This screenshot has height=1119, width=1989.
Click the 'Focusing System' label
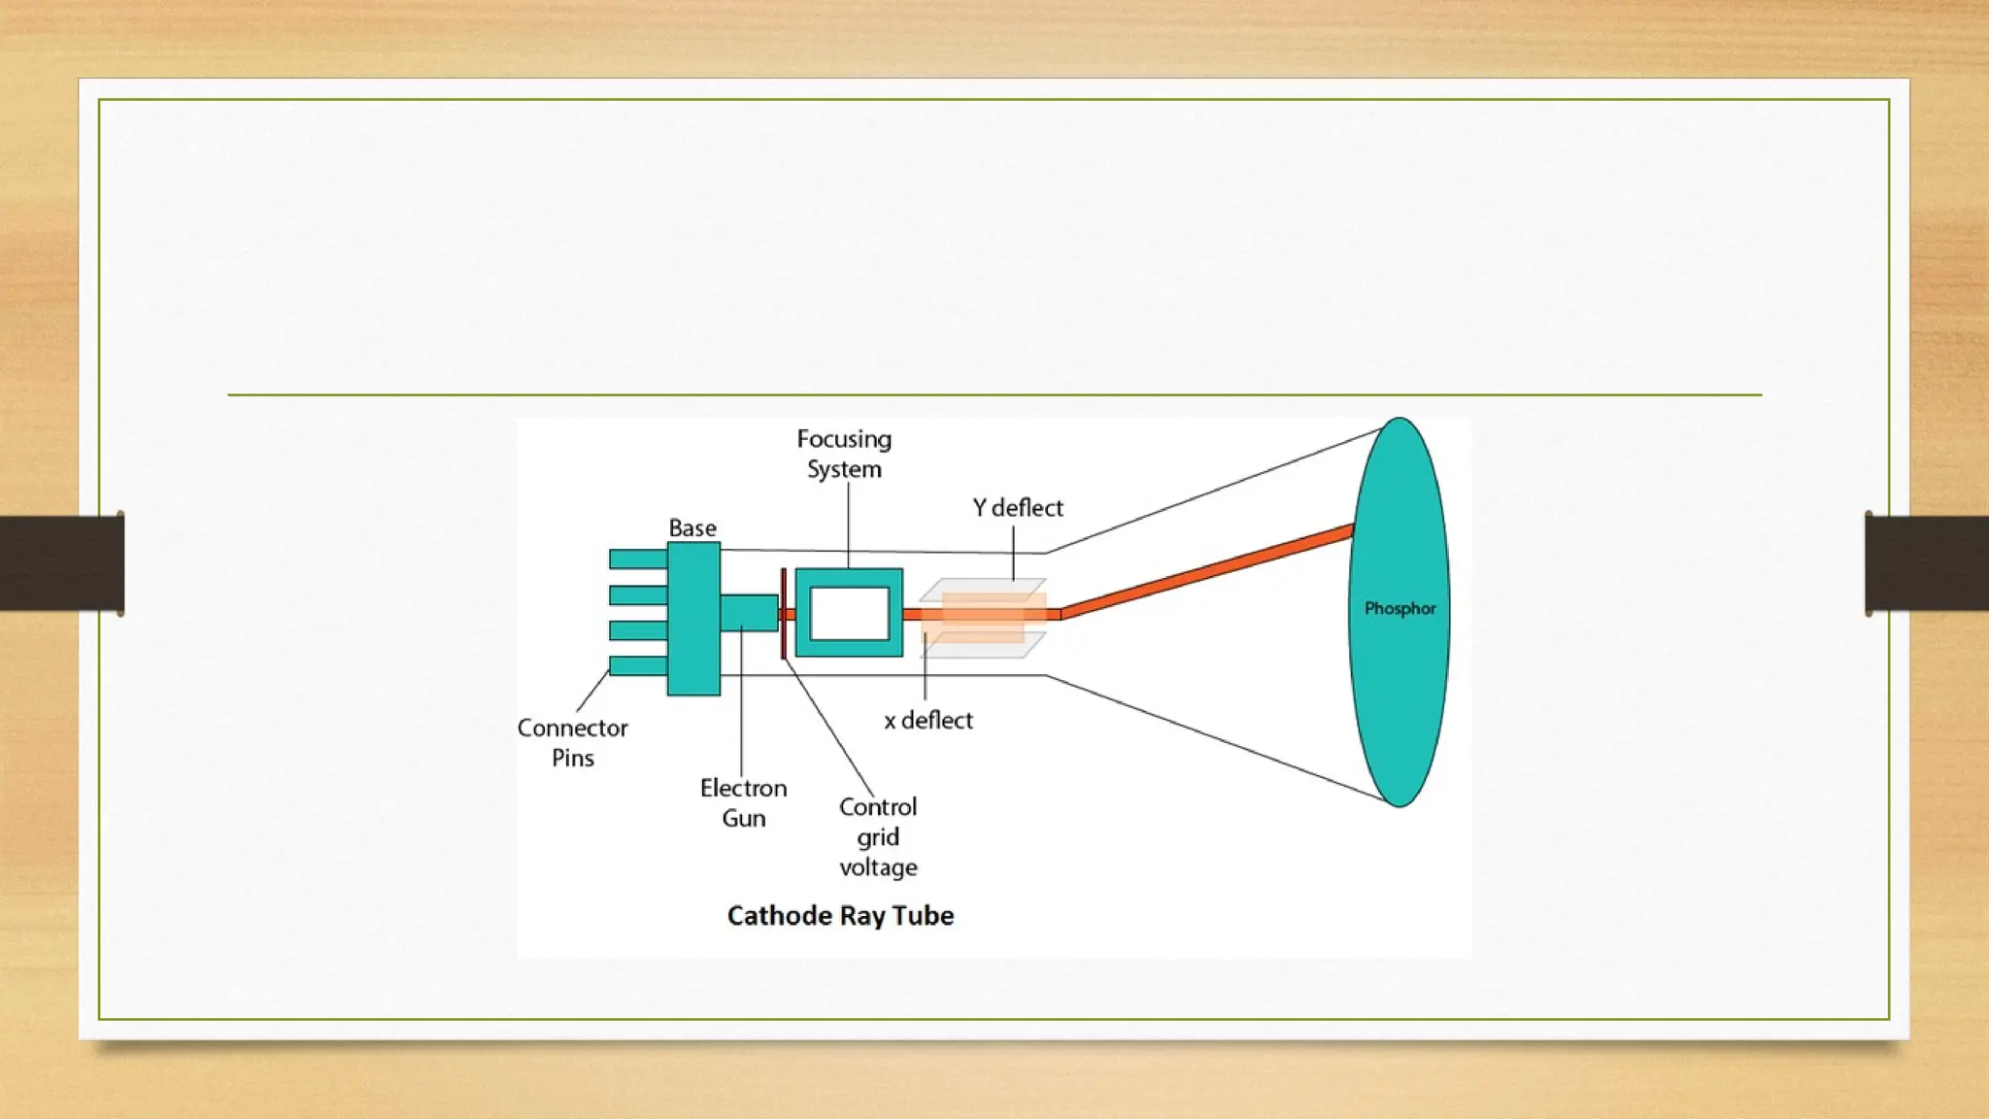844,454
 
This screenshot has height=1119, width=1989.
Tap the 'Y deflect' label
1018,508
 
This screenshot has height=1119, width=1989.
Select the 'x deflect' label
927,721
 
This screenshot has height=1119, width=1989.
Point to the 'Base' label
692,528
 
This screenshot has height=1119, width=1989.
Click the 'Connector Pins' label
572,743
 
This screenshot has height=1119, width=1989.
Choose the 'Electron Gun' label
744,803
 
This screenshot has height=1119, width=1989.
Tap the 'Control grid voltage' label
878,837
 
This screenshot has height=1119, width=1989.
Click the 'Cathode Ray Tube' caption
840,916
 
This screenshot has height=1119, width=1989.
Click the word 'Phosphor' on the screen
1399,609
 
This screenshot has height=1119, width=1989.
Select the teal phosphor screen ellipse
1399,699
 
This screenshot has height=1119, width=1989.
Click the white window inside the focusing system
850,614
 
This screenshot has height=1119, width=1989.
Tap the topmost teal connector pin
637,559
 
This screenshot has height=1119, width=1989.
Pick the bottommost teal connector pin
637,666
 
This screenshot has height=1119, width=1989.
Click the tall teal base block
693,619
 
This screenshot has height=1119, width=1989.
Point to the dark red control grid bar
783,614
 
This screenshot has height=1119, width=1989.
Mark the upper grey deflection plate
983,589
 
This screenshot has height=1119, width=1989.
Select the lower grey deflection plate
983,646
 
